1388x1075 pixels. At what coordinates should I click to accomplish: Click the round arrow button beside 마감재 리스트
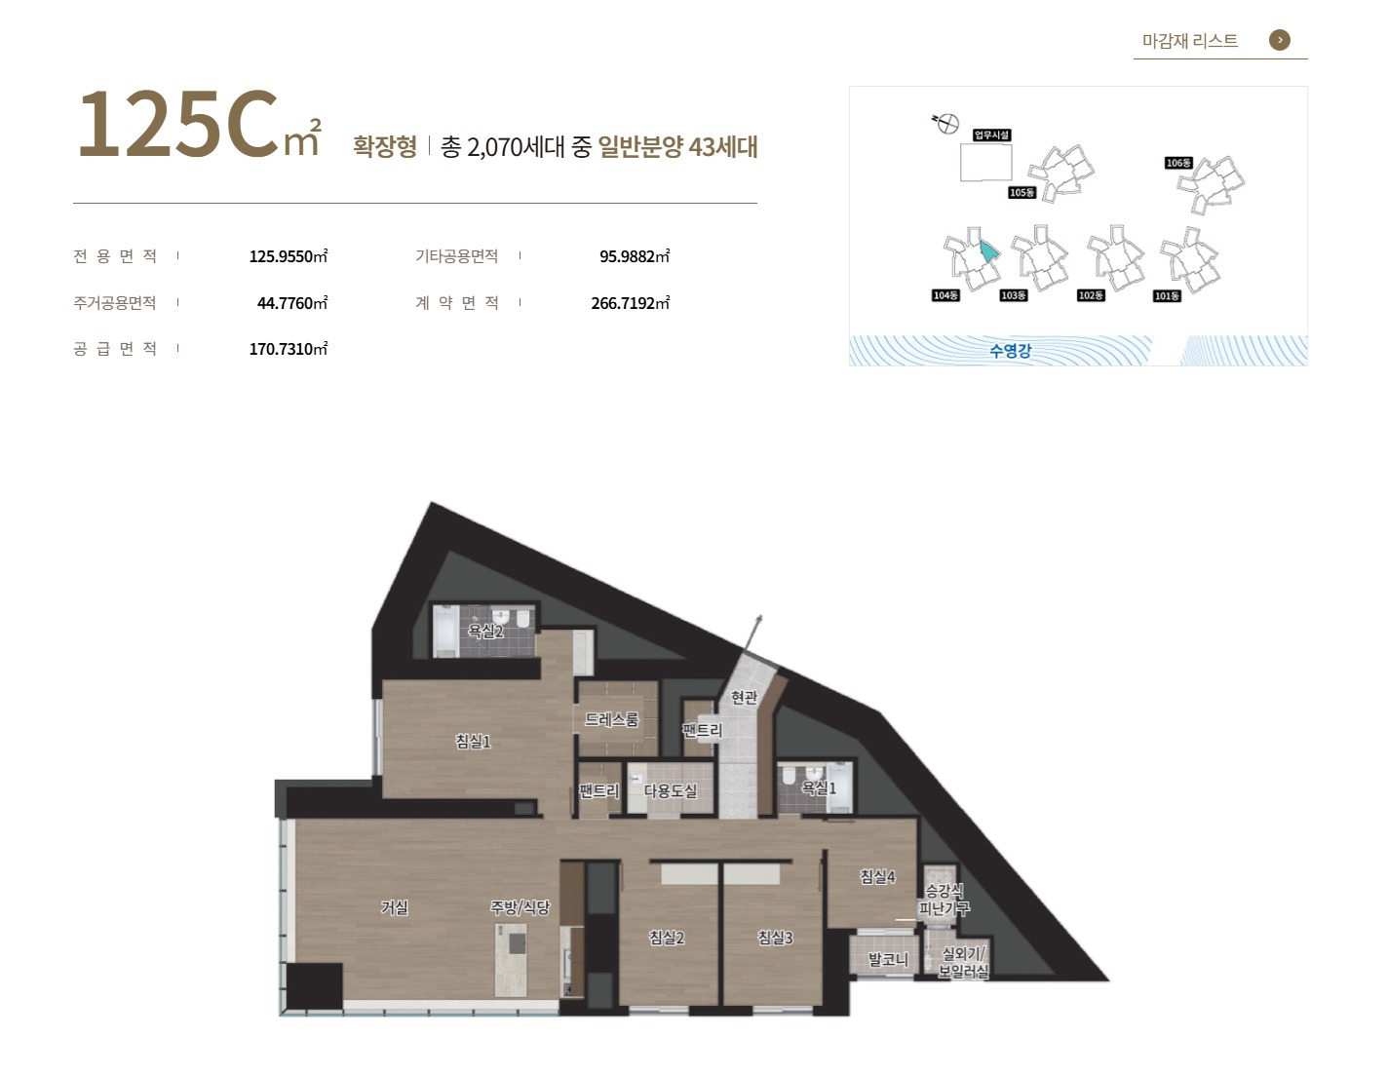click(1279, 40)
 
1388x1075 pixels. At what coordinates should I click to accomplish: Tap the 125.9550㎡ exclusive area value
click(289, 256)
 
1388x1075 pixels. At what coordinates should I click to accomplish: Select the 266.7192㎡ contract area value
click(630, 302)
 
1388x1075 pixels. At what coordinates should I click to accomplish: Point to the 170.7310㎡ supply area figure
click(289, 349)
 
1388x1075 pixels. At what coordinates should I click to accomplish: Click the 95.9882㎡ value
click(635, 256)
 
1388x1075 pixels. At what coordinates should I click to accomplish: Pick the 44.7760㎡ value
click(292, 302)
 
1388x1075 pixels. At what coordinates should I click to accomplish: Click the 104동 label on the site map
click(945, 295)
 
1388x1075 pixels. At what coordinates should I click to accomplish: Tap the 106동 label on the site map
click(1178, 163)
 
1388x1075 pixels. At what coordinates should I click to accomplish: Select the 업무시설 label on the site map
click(992, 134)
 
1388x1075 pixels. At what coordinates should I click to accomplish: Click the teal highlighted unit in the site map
click(988, 250)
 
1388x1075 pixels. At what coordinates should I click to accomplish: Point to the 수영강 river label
click(1010, 351)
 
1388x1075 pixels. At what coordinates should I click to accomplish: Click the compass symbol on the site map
click(946, 123)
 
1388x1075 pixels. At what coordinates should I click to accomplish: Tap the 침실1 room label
click(473, 741)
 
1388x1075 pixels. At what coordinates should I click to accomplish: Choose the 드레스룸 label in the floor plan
click(611, 719)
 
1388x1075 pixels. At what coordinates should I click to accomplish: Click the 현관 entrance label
click(744, 697)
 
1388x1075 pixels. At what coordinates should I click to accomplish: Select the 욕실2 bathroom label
click(485, 631)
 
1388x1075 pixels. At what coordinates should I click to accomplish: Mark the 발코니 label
click(889, 959)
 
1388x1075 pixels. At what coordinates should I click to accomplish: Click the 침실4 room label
click(877, 876)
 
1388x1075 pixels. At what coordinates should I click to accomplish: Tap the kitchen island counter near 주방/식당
click(511, 959)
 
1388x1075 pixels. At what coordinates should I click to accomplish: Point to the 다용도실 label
click(670, 791)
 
